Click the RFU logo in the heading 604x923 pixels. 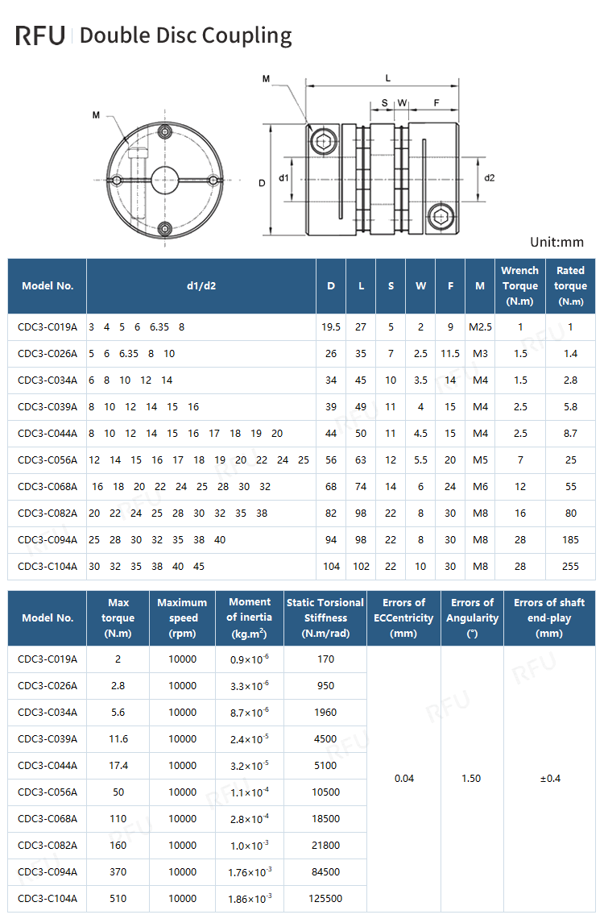(x=39, y=35)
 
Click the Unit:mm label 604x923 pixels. (x=556, y=242)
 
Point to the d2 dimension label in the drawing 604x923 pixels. (x=490, y=177)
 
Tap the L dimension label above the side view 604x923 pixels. (x=388, y=78)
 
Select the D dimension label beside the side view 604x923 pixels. (x=262, y=183)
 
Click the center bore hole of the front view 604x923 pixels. (x=165, y=178)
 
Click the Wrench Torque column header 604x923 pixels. (x=519, y=285)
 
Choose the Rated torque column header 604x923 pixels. (x=570, y=285)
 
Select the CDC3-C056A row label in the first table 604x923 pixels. (x=48, y=459)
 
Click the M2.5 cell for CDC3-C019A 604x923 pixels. (x=481, y=327)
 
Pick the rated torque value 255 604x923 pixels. (x=570, y=566)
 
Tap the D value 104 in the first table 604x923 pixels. (x=331, y=566)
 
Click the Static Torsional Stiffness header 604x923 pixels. (x=325, y=617)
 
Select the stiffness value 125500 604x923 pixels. (x=325, y=898)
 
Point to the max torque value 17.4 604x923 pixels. (x=118, y=765)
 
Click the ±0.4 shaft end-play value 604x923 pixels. (x=549, y=778)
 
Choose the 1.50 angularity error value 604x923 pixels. (x=472, y=778)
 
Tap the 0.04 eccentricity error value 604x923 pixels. (x=404, y=778)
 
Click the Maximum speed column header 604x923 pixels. (x=182, y=617)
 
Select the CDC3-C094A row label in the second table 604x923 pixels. (x=48, y=871)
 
